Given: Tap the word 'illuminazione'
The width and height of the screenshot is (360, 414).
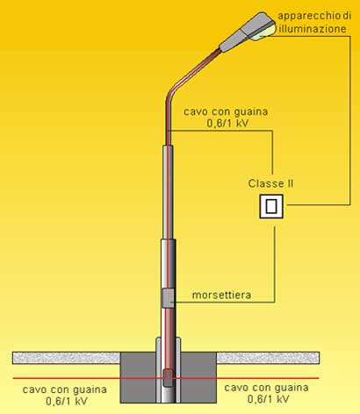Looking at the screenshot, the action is [313, 29].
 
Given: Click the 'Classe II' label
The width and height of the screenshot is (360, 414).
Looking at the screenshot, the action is [270, 183].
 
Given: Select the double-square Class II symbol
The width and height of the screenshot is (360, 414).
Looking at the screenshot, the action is [271, 206].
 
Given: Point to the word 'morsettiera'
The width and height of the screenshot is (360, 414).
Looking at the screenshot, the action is [221, 295].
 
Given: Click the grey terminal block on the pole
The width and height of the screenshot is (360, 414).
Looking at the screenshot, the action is [169, 298].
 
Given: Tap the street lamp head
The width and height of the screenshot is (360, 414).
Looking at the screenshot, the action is [248, 32].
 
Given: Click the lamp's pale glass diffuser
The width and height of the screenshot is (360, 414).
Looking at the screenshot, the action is [264, 32].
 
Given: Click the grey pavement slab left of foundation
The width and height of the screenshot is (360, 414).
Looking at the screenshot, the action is [67, 358].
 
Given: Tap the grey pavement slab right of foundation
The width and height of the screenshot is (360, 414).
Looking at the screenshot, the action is [268, 358].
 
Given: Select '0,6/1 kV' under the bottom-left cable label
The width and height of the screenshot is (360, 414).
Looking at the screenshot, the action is [67, 401].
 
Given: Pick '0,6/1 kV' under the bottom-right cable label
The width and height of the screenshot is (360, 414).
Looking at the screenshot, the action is [269, 399].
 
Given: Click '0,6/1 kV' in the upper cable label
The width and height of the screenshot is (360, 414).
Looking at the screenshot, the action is [228, 124].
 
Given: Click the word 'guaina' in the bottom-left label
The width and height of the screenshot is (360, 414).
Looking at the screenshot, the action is [90, 389].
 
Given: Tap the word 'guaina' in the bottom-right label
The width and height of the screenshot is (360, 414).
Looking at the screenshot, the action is [292, 388].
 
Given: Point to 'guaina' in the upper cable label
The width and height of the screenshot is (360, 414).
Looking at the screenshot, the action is [251, 111].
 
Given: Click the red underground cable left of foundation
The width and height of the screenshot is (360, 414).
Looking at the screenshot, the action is [67, 378].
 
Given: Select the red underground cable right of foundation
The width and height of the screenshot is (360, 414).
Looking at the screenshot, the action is [268, 378].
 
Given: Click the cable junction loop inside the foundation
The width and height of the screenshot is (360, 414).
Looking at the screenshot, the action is [168, 377].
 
